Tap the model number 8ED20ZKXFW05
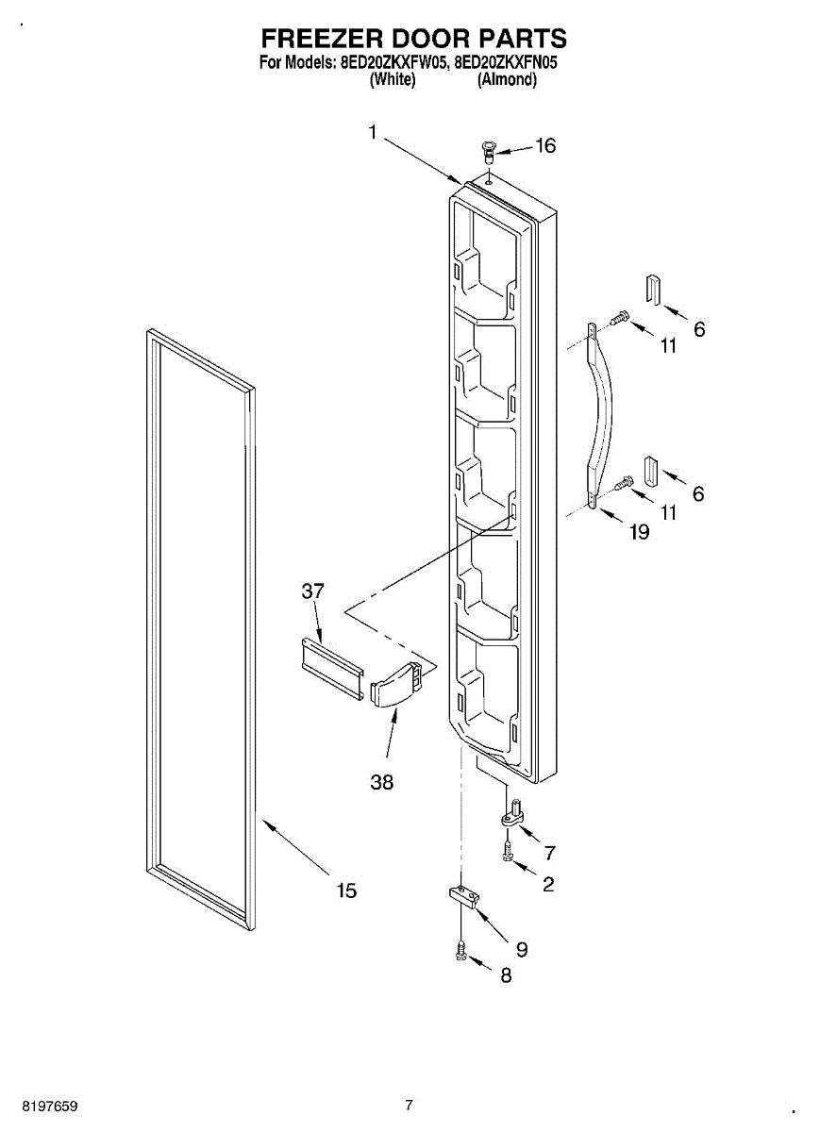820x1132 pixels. click(x=394, y=65)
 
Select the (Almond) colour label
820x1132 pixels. click(x=507, y=81)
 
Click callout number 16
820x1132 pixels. click(x=545, y=145)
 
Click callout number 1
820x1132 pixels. click(x=373, y=133)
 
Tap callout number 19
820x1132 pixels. click(x=639, y=532)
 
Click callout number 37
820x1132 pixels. click(x=312, y=591)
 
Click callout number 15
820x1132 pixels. click(x=346, y=890)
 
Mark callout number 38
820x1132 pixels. click(x=382, y=782)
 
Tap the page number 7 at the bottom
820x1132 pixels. click(x=409, y=1105)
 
